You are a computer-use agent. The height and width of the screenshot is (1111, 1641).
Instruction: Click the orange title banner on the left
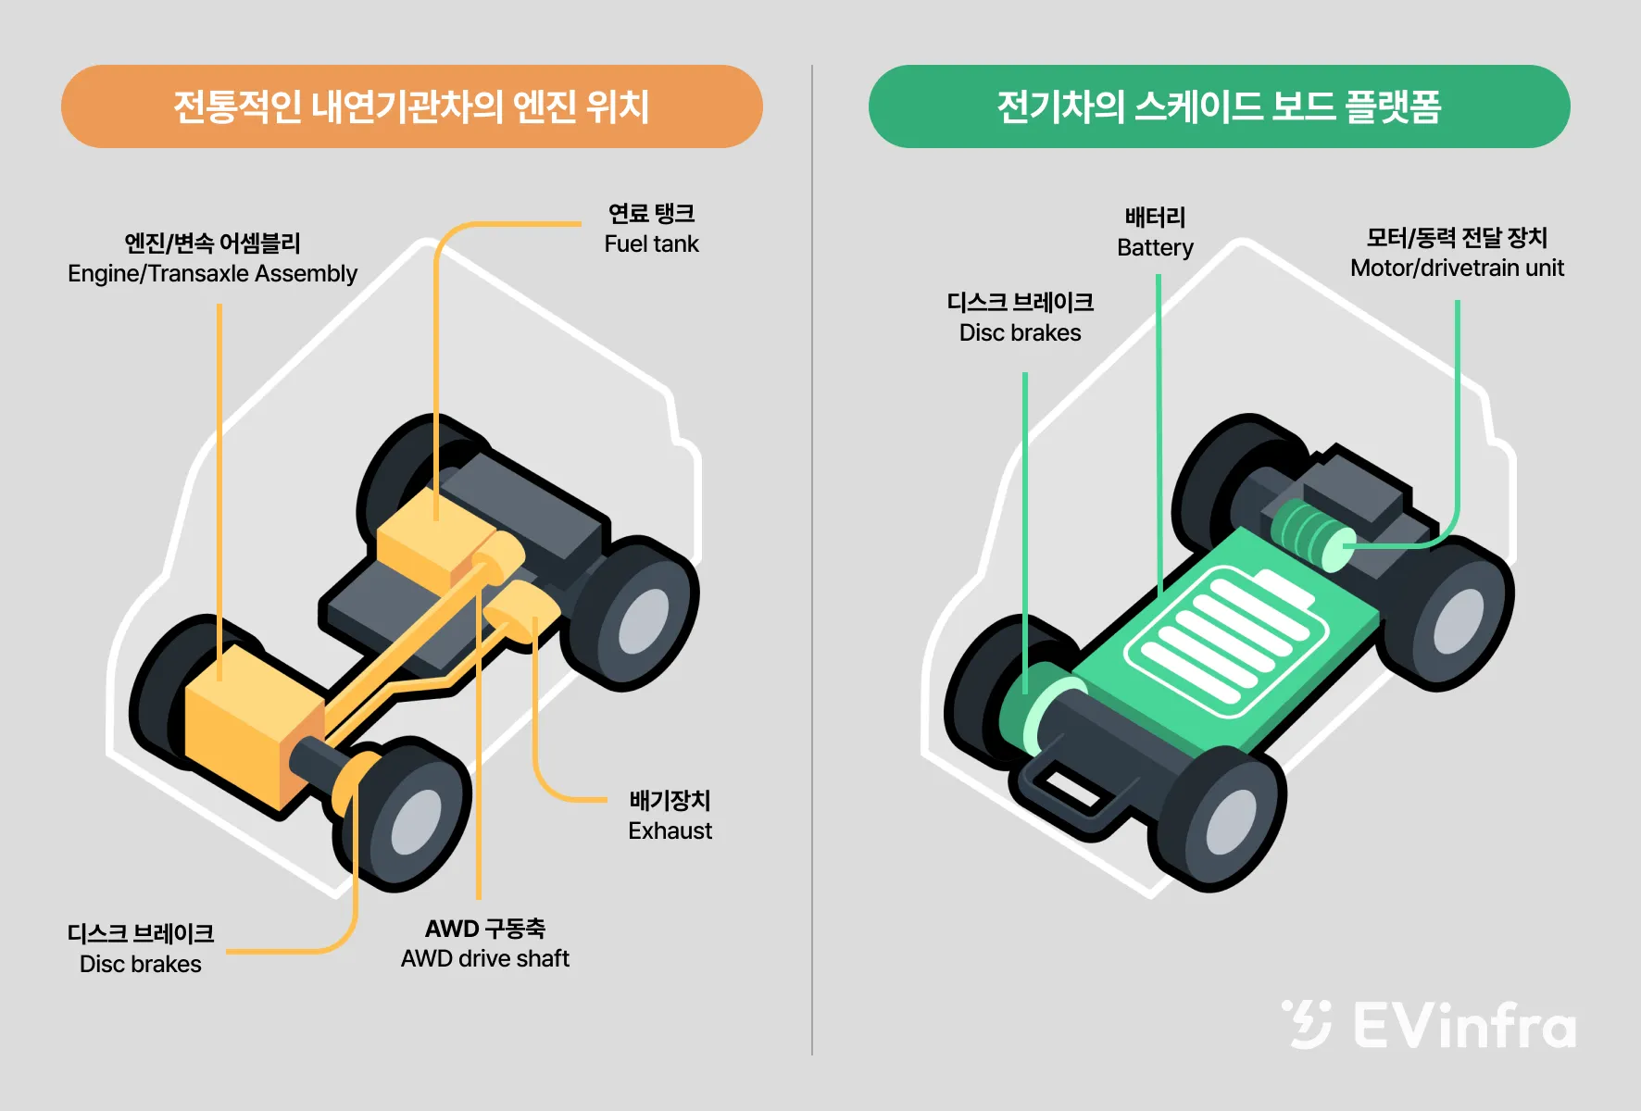[411, 106]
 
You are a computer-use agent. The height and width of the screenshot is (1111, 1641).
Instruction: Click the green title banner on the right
[1219, 106]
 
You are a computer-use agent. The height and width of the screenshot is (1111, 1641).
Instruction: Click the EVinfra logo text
[1464, 1026]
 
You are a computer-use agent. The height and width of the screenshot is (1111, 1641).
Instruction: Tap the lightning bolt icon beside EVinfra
[1308, 1024]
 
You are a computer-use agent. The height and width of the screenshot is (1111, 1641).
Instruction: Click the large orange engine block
[245, 722]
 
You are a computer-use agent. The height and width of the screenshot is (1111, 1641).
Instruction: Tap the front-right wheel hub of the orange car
[417, 822]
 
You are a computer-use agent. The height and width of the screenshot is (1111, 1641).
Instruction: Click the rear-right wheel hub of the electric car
[1459, 621]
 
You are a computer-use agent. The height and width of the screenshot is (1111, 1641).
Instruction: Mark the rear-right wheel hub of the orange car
[644, 621]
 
